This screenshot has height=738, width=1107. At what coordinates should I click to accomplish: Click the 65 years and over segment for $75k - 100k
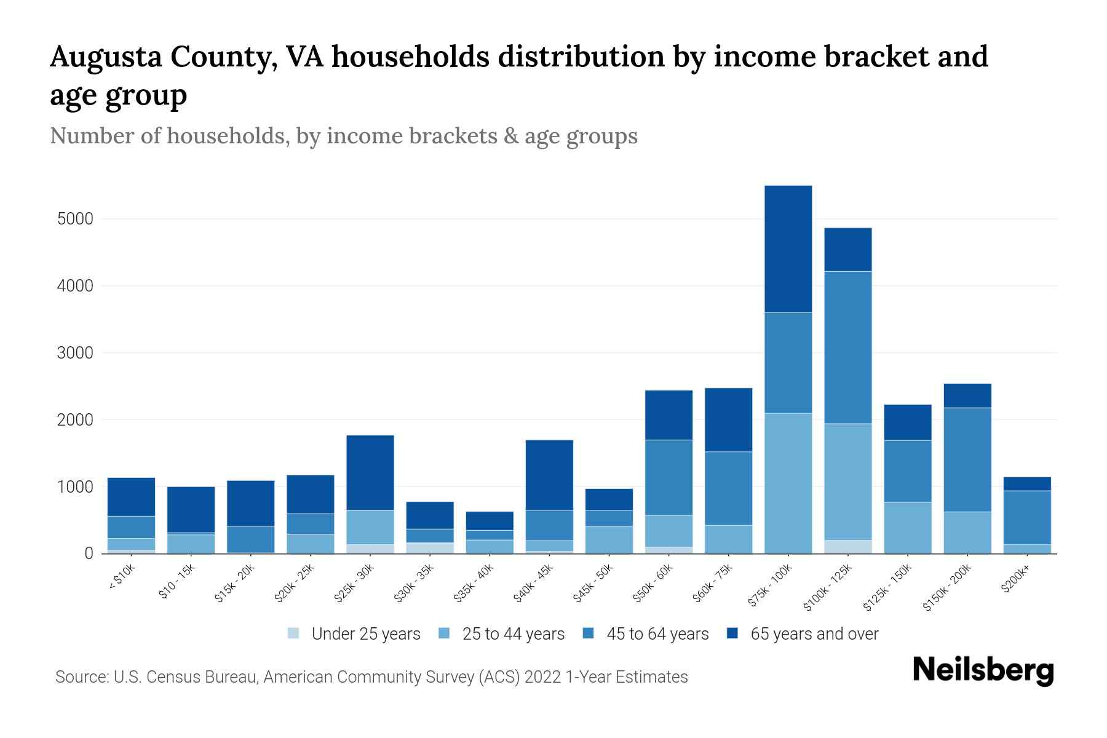pos(788,248)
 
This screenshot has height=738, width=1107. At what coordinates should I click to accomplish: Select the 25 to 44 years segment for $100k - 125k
pos(847,482)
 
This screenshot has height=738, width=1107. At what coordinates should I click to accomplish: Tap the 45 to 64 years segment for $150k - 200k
pos(967,459)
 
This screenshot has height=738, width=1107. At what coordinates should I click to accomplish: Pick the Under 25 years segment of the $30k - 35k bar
pos(430,547)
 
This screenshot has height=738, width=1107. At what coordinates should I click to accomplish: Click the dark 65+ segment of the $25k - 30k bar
pos(370,472)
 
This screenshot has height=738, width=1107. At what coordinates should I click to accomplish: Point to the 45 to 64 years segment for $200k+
pos(1026,517)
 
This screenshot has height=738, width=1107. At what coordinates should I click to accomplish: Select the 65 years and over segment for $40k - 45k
pos(549,475)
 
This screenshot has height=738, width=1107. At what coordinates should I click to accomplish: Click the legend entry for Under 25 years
pos(354,633)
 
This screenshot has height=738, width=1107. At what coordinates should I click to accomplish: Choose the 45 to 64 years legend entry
pos(646,633)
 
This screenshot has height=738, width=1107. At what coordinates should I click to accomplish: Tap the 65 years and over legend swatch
pos(732,633)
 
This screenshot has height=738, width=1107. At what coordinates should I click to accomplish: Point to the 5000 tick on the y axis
pos(74,219)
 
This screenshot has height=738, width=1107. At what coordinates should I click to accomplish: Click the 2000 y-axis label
pos(74,420)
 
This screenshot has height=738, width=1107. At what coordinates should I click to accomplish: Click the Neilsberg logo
pos(983,670)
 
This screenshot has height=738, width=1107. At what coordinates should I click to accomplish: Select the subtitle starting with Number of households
pos(343,136)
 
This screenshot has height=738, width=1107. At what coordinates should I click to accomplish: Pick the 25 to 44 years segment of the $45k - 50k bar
pos(609,539)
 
